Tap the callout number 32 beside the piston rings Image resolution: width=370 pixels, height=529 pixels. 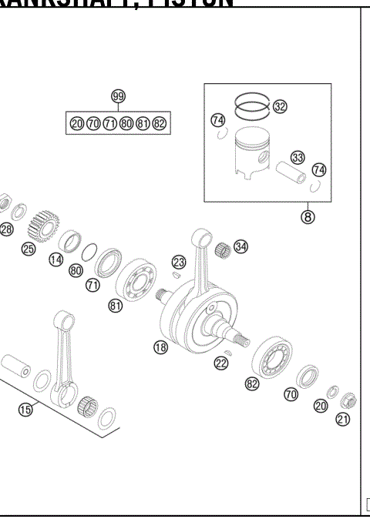pos(280,107)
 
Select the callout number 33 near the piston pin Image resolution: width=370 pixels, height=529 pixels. pos(298,158)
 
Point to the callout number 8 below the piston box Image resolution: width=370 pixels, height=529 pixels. pos(308,216)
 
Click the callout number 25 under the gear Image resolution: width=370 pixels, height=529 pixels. pos(29,249)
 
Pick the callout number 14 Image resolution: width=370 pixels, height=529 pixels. pos(55,260)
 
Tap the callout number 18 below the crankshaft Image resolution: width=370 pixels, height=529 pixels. pos(160,347)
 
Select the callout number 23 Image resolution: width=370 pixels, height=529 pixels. pos(179,262)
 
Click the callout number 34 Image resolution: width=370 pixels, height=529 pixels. pos(241,246)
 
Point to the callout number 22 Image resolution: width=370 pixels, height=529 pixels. pos(221,363)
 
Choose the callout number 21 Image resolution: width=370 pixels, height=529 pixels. pos(343,419)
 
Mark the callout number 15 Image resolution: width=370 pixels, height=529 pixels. pos(25,410)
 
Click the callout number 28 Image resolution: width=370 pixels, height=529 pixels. pos(6,229)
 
